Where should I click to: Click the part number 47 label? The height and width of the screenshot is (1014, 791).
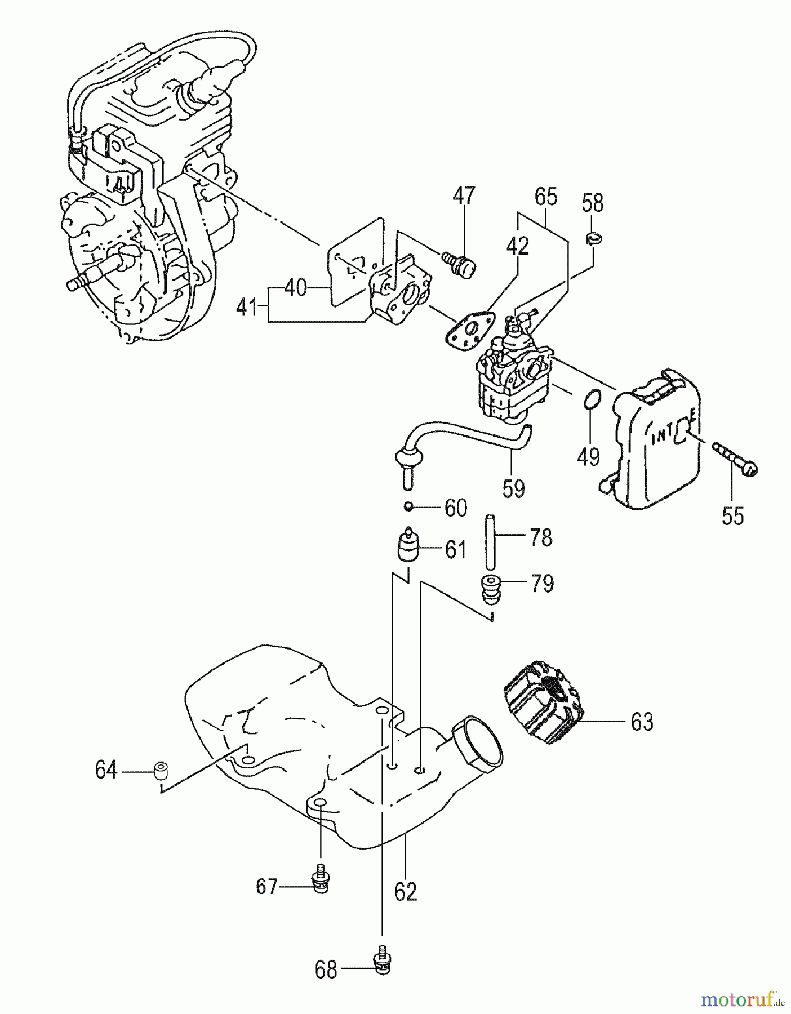tap(464, 195)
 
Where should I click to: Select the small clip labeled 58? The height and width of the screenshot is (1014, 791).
tap(593, 239)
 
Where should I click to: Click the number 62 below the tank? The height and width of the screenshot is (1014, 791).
tap(406, 892)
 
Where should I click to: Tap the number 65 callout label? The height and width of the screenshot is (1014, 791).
tap(545, 197)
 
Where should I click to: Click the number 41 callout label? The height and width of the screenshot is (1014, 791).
tap(247, 308)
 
